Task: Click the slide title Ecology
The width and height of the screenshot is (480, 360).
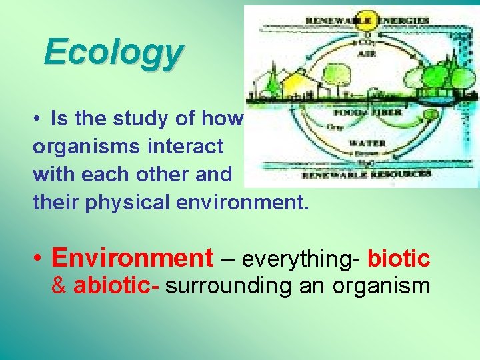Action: pos(113,53)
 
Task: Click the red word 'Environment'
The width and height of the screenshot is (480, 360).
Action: pos(132,257)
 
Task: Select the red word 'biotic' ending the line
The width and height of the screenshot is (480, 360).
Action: pos(399,257)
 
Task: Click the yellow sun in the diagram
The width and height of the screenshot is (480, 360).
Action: pos(365,18)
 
